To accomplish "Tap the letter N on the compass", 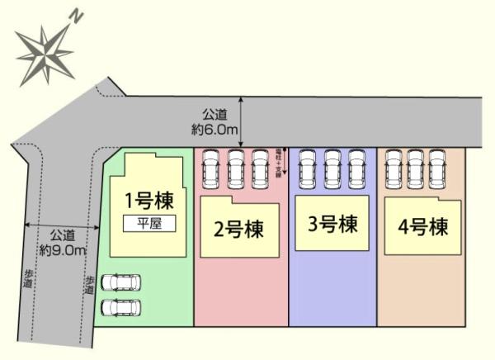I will pyautogui.click(x=76, y=16).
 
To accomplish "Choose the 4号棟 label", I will pyautogui.click(x=422, y=225).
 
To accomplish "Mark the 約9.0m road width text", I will pyautogui.click(x=63, y=244).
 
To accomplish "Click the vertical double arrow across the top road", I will pyautogui.click(x=242, y=121).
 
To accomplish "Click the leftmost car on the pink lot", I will pyautogui.click(x=210, y=168).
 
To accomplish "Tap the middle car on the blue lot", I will pyautogui.click(x=332, y=168).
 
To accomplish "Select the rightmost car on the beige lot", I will pyautogui.click(x=437, y=168).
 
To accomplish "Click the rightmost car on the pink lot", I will pyautogui.click(x=261, y=168).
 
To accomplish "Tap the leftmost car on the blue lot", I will pyautogui.click(x=309, y=168).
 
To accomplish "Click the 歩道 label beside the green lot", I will pyautogui.click(x=89, y=284).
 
